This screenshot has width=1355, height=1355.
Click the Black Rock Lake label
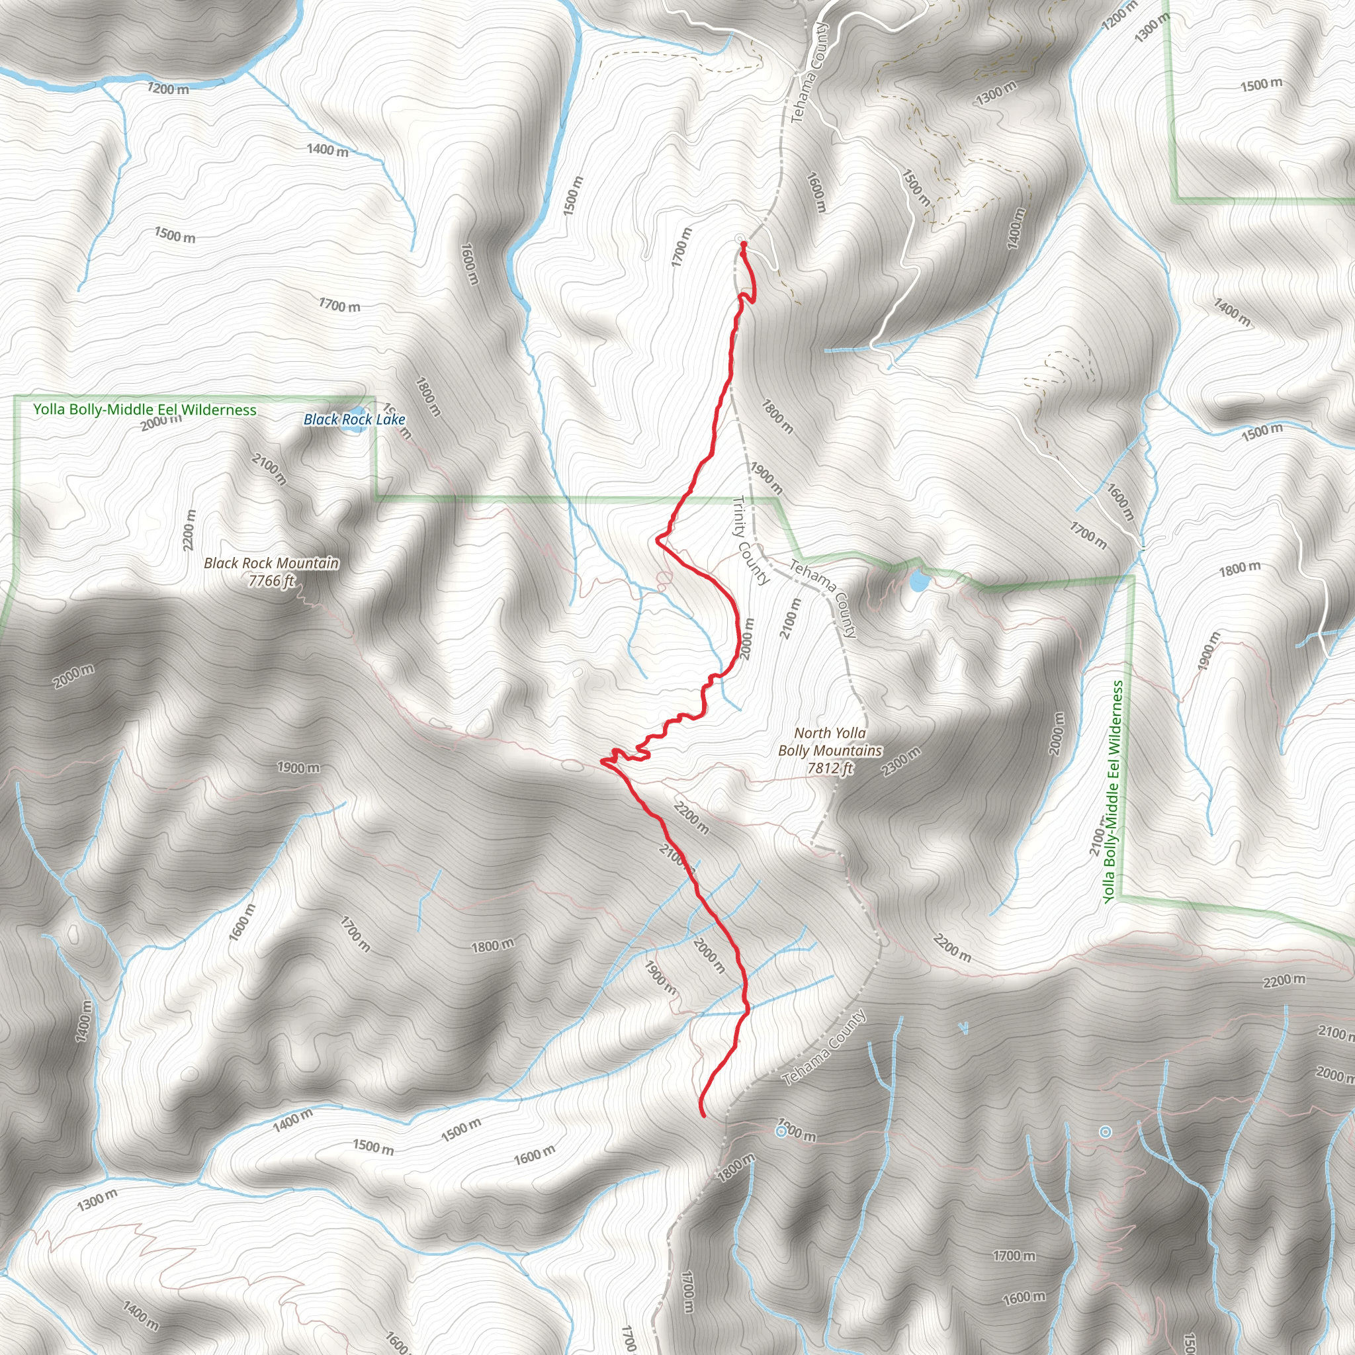[x=354, y=419]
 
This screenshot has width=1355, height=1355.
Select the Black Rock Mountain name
[x=271, y=563]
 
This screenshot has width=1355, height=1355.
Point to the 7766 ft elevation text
[x=271, y=581]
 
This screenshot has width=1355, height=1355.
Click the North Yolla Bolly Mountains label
[x=830, y=741]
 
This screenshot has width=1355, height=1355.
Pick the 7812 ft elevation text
[x=830, y=768]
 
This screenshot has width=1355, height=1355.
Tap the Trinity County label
[x=750, y=540]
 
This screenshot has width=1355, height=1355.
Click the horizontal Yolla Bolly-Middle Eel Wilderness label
[x=145, y=410]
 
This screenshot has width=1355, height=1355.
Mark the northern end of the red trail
[x=742, y=243]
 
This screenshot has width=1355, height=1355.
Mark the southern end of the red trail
[x=703, y=1114]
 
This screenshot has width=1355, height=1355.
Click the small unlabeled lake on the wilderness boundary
[x=918, y=582]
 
